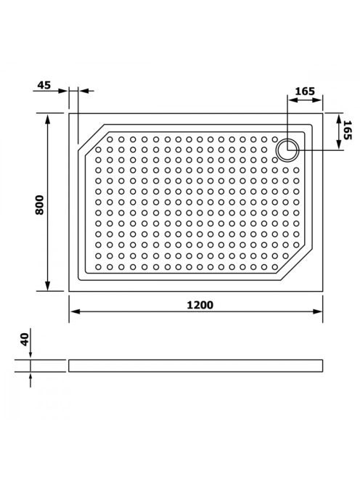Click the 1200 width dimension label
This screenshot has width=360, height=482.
(x=200, y=305)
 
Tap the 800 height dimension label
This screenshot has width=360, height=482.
(x=40, y=205)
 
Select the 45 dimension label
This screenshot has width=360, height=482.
(x=44, y=85)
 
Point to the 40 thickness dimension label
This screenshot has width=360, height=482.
(x=25, y=340)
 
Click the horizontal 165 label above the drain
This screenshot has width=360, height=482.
(x=305, y=91)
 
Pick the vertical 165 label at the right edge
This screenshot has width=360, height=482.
(x=348, y=130)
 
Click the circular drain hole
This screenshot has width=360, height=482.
(x=287, y=150)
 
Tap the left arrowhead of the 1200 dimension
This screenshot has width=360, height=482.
(x=75, y=311)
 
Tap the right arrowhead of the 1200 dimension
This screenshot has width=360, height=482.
(x=317, y=311)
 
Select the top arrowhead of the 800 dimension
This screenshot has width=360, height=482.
(x=47, y=119)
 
